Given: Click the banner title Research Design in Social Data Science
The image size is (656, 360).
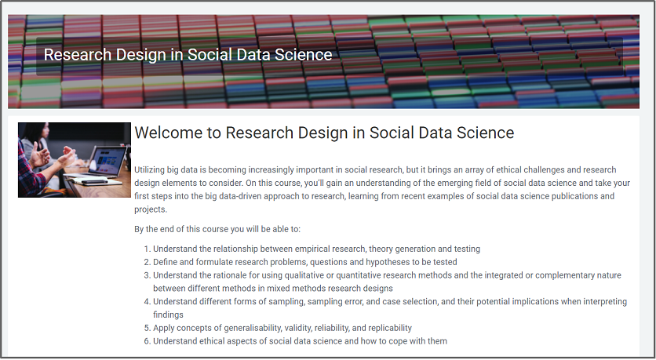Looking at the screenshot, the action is click(188, 55).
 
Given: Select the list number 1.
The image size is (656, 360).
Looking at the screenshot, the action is click(147, 249).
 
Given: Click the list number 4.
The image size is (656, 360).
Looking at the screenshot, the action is click(147, 301).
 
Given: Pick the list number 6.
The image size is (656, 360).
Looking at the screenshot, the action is click(147, 341).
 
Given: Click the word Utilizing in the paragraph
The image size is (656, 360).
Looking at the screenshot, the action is click(149, 169).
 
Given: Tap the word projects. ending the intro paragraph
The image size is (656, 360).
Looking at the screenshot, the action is click(151, 209).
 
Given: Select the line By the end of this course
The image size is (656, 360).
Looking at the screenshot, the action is click(217, 229).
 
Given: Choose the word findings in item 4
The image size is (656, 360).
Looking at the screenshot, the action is click(168, 315).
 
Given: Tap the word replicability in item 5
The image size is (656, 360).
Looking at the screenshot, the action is click(390, 328).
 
